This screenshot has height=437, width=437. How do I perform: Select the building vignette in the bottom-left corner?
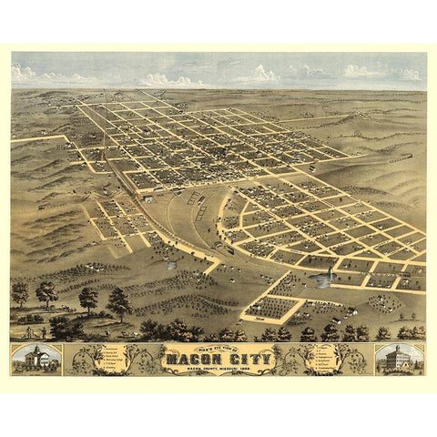pos(36,360)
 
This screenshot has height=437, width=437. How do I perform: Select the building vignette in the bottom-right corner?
pos(398,360)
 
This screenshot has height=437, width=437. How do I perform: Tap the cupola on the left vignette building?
pos(36,350)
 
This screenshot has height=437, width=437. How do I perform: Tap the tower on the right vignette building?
pos(398,350)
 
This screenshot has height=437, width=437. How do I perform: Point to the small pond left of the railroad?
pos(170,266)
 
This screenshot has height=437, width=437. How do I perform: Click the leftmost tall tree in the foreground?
pos(20,293)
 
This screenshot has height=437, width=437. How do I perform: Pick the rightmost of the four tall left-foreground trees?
pos(118,301)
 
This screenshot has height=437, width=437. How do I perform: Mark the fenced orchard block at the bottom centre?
pos(270,307)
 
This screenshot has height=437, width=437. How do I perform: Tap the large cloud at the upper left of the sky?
pos(36,73)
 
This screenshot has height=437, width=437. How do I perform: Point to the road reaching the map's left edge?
pos(27,138)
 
